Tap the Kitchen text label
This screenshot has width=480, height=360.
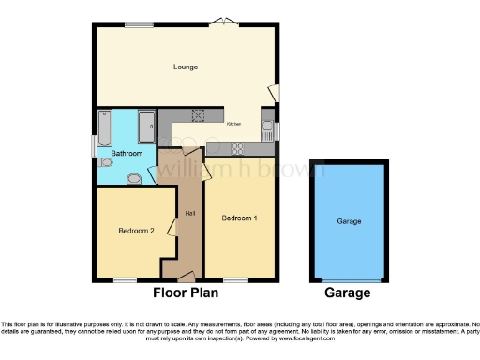(233, 124)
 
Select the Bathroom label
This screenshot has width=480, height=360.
(127, 152)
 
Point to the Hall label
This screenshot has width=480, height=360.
(189, 214)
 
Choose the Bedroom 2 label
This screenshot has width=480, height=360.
(136, 230)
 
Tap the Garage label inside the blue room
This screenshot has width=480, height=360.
(350, 221)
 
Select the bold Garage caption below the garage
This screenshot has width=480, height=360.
(348, 292)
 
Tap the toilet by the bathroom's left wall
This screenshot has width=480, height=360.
(106, 163)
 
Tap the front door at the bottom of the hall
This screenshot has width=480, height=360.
(187, 277)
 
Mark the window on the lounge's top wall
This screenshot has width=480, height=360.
(140, 23)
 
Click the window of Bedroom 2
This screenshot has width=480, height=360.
(125, 279)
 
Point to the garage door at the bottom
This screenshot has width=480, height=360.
(352, 280)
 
